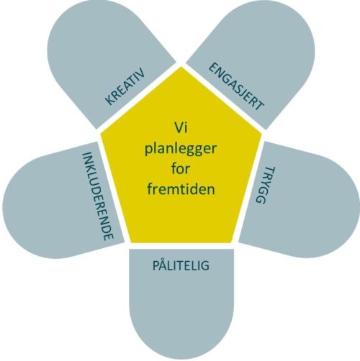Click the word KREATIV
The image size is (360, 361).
coord(125,86)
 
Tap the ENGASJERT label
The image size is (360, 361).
coord(236,86)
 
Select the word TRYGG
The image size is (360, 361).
coord(265,185)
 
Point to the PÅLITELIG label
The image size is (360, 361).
coord(181,265)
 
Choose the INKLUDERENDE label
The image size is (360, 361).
coord(97,196)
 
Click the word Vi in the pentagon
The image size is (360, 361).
coord(181,127)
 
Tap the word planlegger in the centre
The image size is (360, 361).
coord(181,150)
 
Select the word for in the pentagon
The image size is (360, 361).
coord(181,168)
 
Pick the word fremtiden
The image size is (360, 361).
coord(181,188)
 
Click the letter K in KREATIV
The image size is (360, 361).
coord(110,101)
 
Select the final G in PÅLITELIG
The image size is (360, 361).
coord(205,266)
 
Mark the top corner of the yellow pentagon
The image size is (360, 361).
coord(181,67)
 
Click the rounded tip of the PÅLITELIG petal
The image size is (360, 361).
coord(181,359)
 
